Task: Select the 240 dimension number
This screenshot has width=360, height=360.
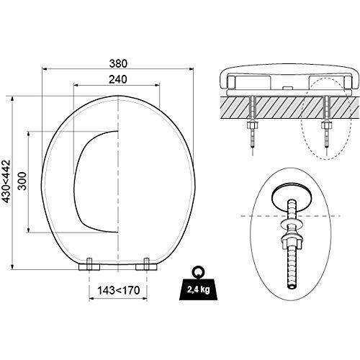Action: (x=117, y=80)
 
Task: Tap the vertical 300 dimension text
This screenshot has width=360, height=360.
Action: (x=22, y=182)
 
